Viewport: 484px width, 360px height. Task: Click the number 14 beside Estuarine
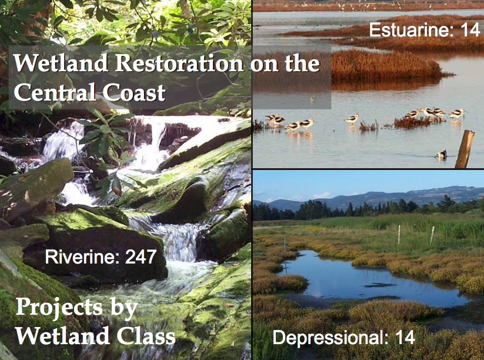[x=470, y=30]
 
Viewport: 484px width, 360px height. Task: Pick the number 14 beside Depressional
[x=405, y=337]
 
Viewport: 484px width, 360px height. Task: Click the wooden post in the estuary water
[x=465, y=149]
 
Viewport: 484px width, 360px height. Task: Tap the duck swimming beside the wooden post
[x=442, y=154]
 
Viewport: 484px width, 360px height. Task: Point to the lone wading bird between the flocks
[x=352, y=118]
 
